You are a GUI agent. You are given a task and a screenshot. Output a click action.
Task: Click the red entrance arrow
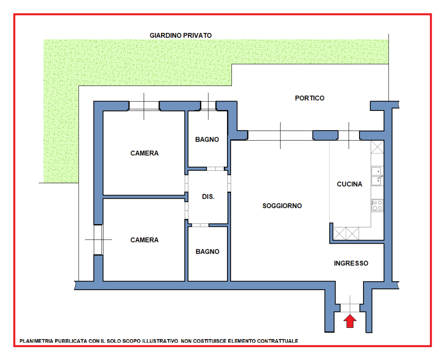tap(350, 321)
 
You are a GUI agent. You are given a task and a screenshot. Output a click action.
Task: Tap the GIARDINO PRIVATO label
tap(181, 36)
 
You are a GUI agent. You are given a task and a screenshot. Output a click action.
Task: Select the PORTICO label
tap(310, 98)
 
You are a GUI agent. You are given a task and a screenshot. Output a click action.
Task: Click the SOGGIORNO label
tap(282, 206)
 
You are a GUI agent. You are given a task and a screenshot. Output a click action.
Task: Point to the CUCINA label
tap(349, 184)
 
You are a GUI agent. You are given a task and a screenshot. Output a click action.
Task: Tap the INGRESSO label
tap(351, 263)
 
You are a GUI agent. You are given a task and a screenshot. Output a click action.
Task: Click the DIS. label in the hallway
tap(208, 196)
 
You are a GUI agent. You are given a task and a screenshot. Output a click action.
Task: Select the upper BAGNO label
tap(207, 139)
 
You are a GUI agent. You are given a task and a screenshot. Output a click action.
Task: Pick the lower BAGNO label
tap(207, 251)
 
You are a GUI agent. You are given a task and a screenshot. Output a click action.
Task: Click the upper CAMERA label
tap(145, 153)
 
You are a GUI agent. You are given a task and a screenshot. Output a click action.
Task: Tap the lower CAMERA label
tap(145, 240)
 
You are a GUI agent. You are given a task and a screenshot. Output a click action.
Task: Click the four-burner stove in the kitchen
tap(377, 205)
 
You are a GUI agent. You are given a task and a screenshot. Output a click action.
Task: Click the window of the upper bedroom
tap(144, 106)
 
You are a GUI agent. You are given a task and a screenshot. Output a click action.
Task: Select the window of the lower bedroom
tap(98, 240)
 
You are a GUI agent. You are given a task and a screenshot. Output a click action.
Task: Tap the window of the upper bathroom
tap(208, 106)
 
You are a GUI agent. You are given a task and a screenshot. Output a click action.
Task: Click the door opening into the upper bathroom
tap(215, 169)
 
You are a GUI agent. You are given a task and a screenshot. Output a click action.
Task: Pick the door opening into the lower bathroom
tap(200, 225)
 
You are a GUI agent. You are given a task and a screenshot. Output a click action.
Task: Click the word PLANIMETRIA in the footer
tap(36, 341)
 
